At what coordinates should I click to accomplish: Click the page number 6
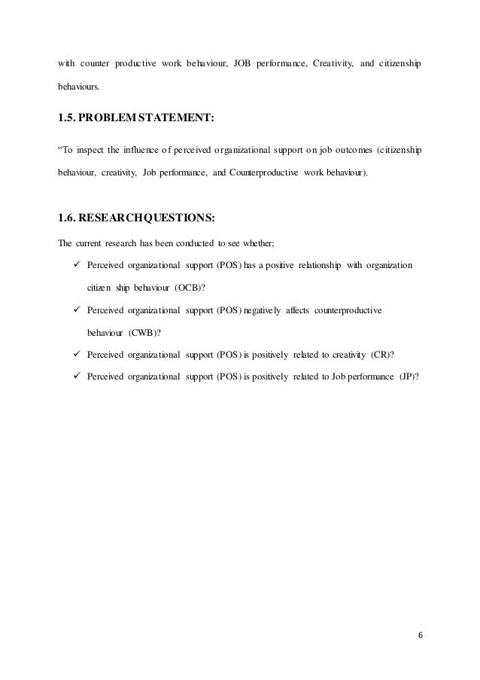tap(421, 634)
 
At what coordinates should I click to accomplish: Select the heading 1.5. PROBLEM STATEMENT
tap(135, 117)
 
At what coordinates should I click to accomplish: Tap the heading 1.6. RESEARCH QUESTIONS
tap(136, 218)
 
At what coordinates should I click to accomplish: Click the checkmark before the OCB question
tap(74, 265)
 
